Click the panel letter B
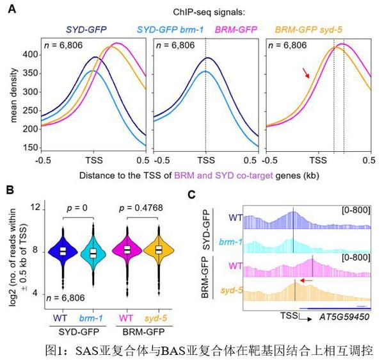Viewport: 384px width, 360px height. [x=11, y=190]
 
